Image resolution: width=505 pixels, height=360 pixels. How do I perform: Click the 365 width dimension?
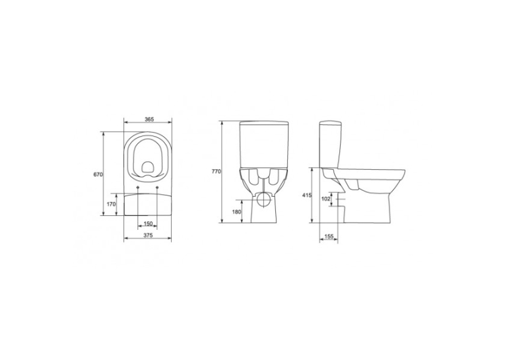point(149,120)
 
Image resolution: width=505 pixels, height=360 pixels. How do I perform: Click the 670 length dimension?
point(98,174)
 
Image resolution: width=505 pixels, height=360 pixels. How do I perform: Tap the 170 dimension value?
point(111,204)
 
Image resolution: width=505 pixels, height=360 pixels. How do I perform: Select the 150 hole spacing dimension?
point(148,224)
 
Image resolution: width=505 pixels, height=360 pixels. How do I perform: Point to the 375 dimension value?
point(147,235)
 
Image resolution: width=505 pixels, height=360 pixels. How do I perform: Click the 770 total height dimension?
point(216,172)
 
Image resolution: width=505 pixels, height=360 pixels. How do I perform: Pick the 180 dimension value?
point(236,212)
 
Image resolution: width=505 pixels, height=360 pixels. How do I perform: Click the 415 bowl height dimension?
point(307,196)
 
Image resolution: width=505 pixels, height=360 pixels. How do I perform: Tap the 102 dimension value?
point(326,199)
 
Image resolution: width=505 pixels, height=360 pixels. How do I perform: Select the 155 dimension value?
point(329,236)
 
